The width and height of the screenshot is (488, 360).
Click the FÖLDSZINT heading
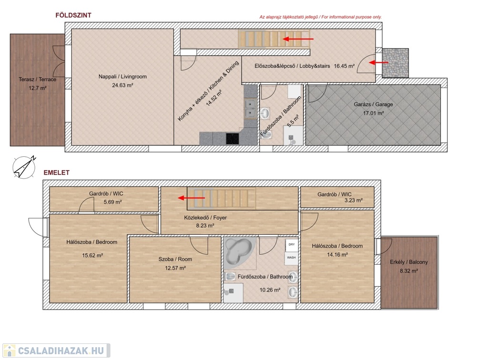[73, 15]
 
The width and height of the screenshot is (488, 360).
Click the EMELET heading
[56, 173]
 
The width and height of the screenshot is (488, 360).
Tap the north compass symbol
[24, 167]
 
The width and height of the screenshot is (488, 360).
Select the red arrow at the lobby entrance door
[378, 62]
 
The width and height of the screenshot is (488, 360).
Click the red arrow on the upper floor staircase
[192, 198]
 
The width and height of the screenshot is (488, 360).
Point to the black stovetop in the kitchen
[233, 139]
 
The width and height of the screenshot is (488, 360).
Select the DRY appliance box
[292, 245]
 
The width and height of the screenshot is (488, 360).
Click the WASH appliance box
[292, 258]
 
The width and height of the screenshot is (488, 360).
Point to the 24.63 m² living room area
[122, 85]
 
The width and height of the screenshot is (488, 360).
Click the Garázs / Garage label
[373, 104]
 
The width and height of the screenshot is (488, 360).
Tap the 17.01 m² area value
[374, 113]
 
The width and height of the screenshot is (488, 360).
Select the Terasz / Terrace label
[37, 80]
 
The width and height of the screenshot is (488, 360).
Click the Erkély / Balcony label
[408, 262]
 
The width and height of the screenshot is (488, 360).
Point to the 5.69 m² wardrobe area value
[112, 202]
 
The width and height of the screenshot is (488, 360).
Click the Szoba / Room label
[175, 259]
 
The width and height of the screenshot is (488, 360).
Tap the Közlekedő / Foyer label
[205, 218]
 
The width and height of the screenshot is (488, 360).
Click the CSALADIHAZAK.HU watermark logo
[56, 350]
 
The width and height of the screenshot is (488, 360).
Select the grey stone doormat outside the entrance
[395, 63]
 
